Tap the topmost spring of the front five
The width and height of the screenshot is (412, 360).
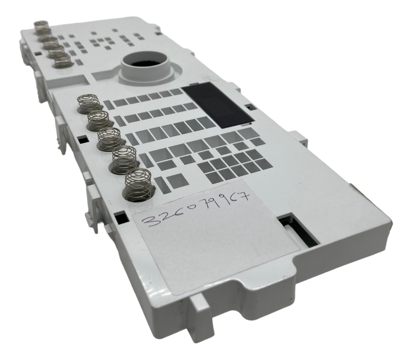click(88, 103)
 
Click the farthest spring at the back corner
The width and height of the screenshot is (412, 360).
click(40, 27)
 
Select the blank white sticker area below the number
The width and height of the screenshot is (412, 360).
click(216, 249)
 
